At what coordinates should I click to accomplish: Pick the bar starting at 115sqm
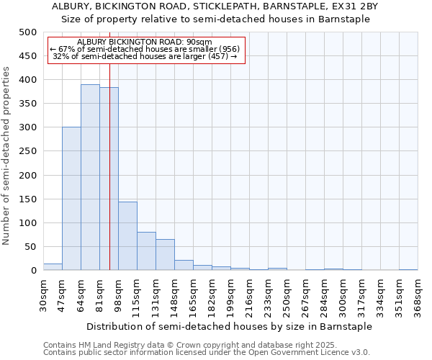coord(146,251)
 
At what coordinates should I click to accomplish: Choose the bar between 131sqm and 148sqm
coord(165,255)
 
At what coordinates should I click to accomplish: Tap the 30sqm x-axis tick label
coord(43,295)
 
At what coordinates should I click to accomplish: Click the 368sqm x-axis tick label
coord(418,297)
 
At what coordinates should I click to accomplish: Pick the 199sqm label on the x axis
coord(230,297)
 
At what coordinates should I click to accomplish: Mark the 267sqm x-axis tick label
coord(305,297)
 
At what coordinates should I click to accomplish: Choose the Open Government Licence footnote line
coord(206,353)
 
